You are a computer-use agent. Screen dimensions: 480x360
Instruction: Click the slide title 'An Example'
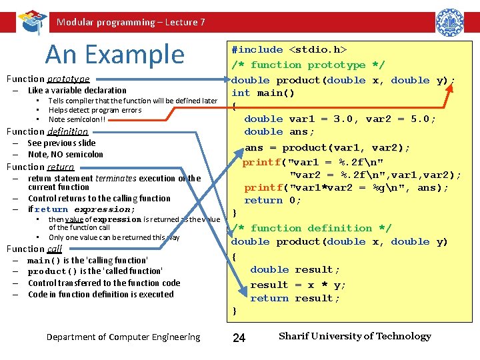(x=114, y=54)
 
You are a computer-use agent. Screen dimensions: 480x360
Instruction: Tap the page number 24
(x=239, y=338)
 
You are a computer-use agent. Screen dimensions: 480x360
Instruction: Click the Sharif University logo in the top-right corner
(x=449, y=21)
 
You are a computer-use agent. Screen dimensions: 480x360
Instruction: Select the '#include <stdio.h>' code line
(x=289, y=49)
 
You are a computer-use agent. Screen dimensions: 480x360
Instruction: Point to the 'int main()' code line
(x=263, y=93)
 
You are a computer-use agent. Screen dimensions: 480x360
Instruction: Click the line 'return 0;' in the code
(x=273, y=200)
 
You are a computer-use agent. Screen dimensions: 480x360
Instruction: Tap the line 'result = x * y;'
(x=298, y=285)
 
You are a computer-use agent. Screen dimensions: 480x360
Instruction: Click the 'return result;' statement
(x=295, y=298)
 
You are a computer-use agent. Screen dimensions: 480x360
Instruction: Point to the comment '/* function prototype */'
(x=307, y=65)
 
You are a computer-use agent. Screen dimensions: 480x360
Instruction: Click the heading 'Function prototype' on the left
(x=48, y=79)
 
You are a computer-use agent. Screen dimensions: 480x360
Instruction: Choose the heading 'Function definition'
(x=47, y=131)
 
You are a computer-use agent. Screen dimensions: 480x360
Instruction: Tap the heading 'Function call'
(x=35, y=249)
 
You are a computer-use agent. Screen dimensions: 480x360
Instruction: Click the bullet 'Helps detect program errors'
(x=95, y=110)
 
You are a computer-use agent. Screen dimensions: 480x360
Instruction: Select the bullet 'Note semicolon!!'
(x=77, y=119)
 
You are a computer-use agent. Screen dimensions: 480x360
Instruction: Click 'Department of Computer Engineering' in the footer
(x=123, y=337)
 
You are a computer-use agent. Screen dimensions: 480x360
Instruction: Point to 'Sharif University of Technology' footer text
(x=355, y=336)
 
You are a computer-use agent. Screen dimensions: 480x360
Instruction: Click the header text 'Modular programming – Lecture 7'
(x=131, y=22)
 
